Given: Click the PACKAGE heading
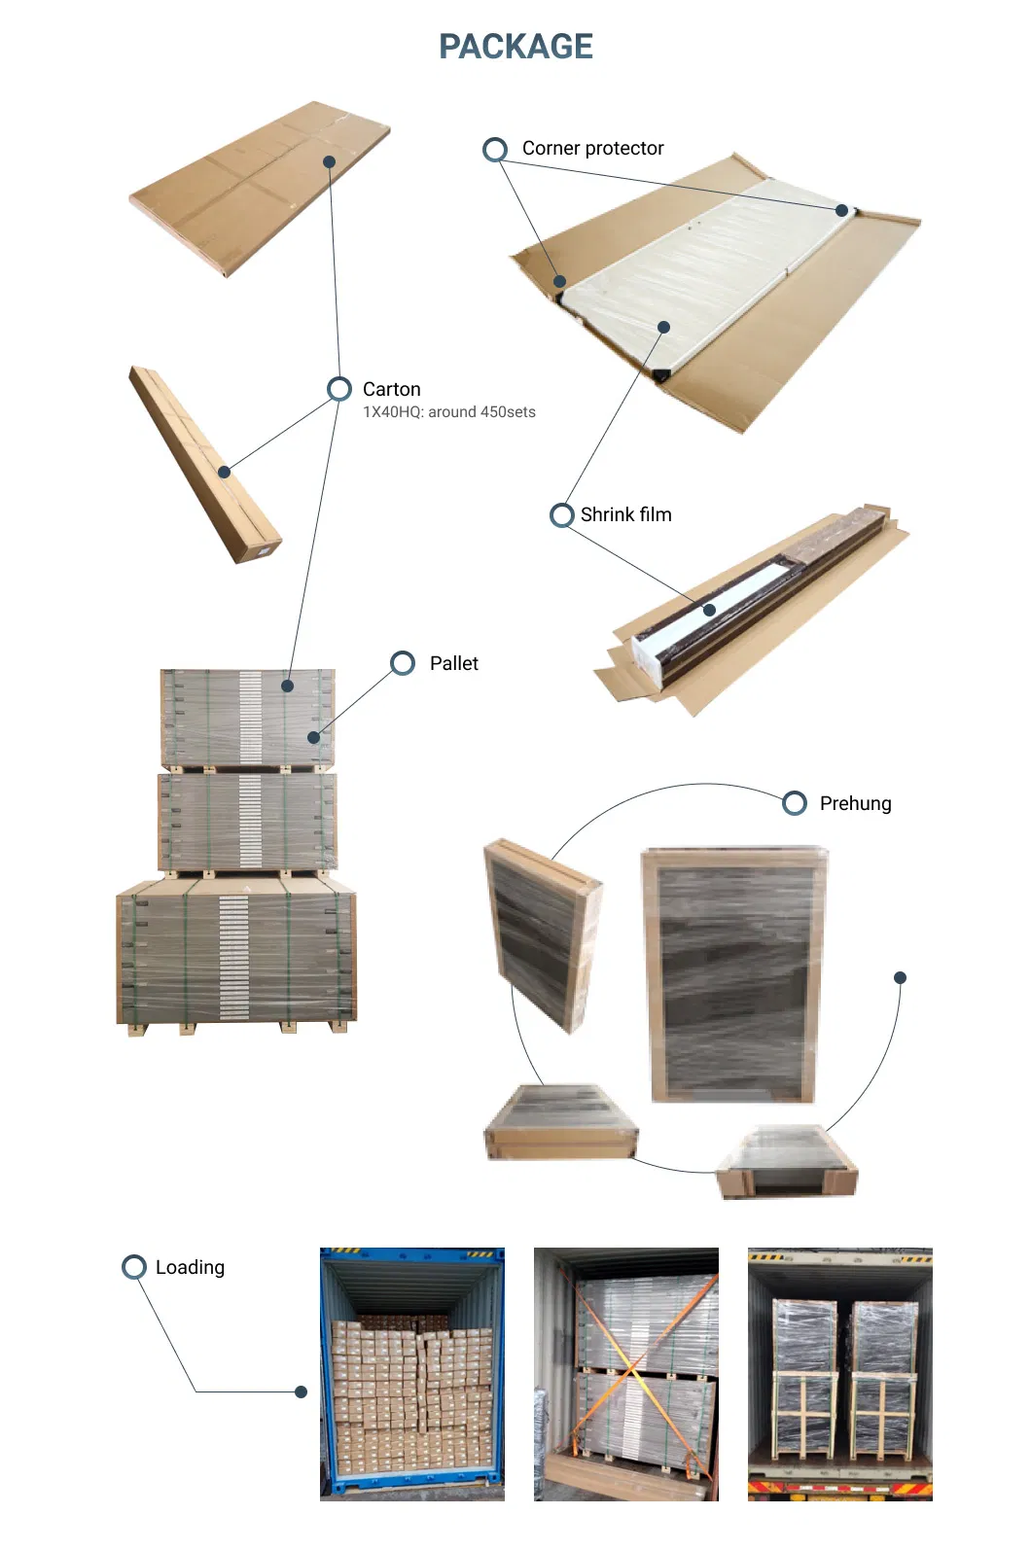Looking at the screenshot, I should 515,47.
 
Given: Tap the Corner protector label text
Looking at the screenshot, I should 592,149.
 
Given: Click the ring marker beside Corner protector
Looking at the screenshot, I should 495,149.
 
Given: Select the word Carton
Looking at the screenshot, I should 391,389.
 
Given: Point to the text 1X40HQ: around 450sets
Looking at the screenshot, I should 448,412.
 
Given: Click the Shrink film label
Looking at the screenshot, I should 625,514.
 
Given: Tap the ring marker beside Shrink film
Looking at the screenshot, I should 561,514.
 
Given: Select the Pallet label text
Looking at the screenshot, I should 453,663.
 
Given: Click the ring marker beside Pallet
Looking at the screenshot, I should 403,663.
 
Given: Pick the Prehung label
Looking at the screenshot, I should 855,803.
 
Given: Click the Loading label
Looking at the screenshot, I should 190,1267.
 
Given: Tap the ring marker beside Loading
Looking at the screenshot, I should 134,1267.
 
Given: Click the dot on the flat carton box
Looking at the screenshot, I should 330,161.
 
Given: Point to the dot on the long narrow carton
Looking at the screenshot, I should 225,472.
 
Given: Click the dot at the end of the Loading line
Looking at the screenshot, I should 301,1391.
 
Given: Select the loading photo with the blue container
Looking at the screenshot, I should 412,1373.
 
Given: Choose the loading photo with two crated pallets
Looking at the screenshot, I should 839,1373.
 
